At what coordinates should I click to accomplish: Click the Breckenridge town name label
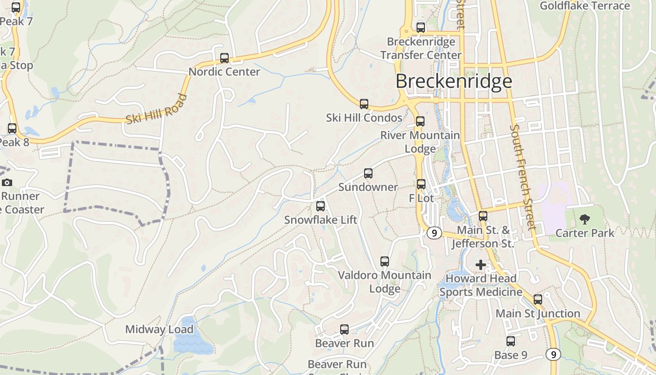pyautogui.click(x=454, y=81)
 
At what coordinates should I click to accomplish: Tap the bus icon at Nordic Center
pyautogui.click(x=224, y=58)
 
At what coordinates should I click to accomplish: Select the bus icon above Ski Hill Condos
pyautogui.click(x=364, y=104)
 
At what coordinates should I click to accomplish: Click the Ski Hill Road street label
pyautogui.click(x=157, y=109)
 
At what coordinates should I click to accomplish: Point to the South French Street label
pyautogui.click(x=522, y=177)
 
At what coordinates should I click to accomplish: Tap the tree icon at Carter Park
pyautogui.click(x=584, y=219)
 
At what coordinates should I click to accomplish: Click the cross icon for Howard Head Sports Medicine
pyautogui.click(x=481, y=265)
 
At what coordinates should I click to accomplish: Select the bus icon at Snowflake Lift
pyautogui.click(x=321, y=206)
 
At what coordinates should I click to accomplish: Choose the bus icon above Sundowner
pyautogui.click(x=368, y=173)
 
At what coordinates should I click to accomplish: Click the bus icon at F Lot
pyautogui.click(x=421, y=184)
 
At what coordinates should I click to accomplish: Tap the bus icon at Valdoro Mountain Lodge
pyautogui.click(x=385, y=262)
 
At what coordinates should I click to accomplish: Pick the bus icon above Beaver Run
pyautogui.click(x=344, y=330)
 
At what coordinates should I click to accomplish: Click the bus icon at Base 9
pyautogui.click(x=511, y=341)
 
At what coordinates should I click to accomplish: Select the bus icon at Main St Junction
pyautogui.click(x=538, y=299)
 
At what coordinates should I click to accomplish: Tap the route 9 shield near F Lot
pyautogui.click(x=434, y=232)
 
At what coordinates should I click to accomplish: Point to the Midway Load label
pyautogui.click(x=159, y=330)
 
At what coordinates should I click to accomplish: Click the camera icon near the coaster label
pyautogui.click(x=7, y=182)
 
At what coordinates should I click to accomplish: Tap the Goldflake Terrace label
pyautogui.click(x=585, y=6)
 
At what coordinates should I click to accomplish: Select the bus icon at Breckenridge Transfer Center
pyautogui.click(x=421, y=28)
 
